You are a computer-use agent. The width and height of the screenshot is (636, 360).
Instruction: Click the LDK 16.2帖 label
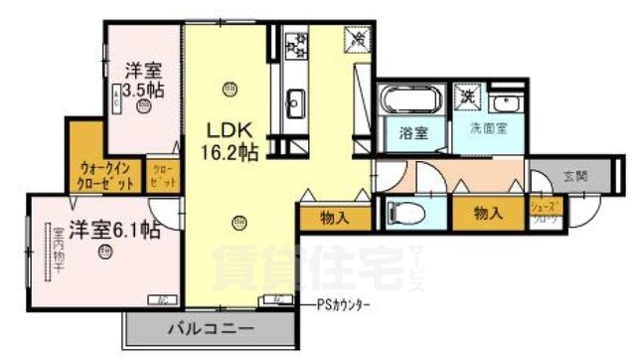[233, 138]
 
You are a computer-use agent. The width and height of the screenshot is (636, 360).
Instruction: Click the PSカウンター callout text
[344, 304]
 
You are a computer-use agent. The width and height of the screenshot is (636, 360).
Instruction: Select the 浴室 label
[413, 132]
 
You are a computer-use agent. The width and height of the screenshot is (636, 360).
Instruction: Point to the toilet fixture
[406, 213]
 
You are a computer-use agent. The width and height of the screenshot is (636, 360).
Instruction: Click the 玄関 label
[575, 176]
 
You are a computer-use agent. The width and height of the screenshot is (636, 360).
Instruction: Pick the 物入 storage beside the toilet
[488, 212]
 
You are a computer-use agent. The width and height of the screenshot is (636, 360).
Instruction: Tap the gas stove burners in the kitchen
[296, 44]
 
